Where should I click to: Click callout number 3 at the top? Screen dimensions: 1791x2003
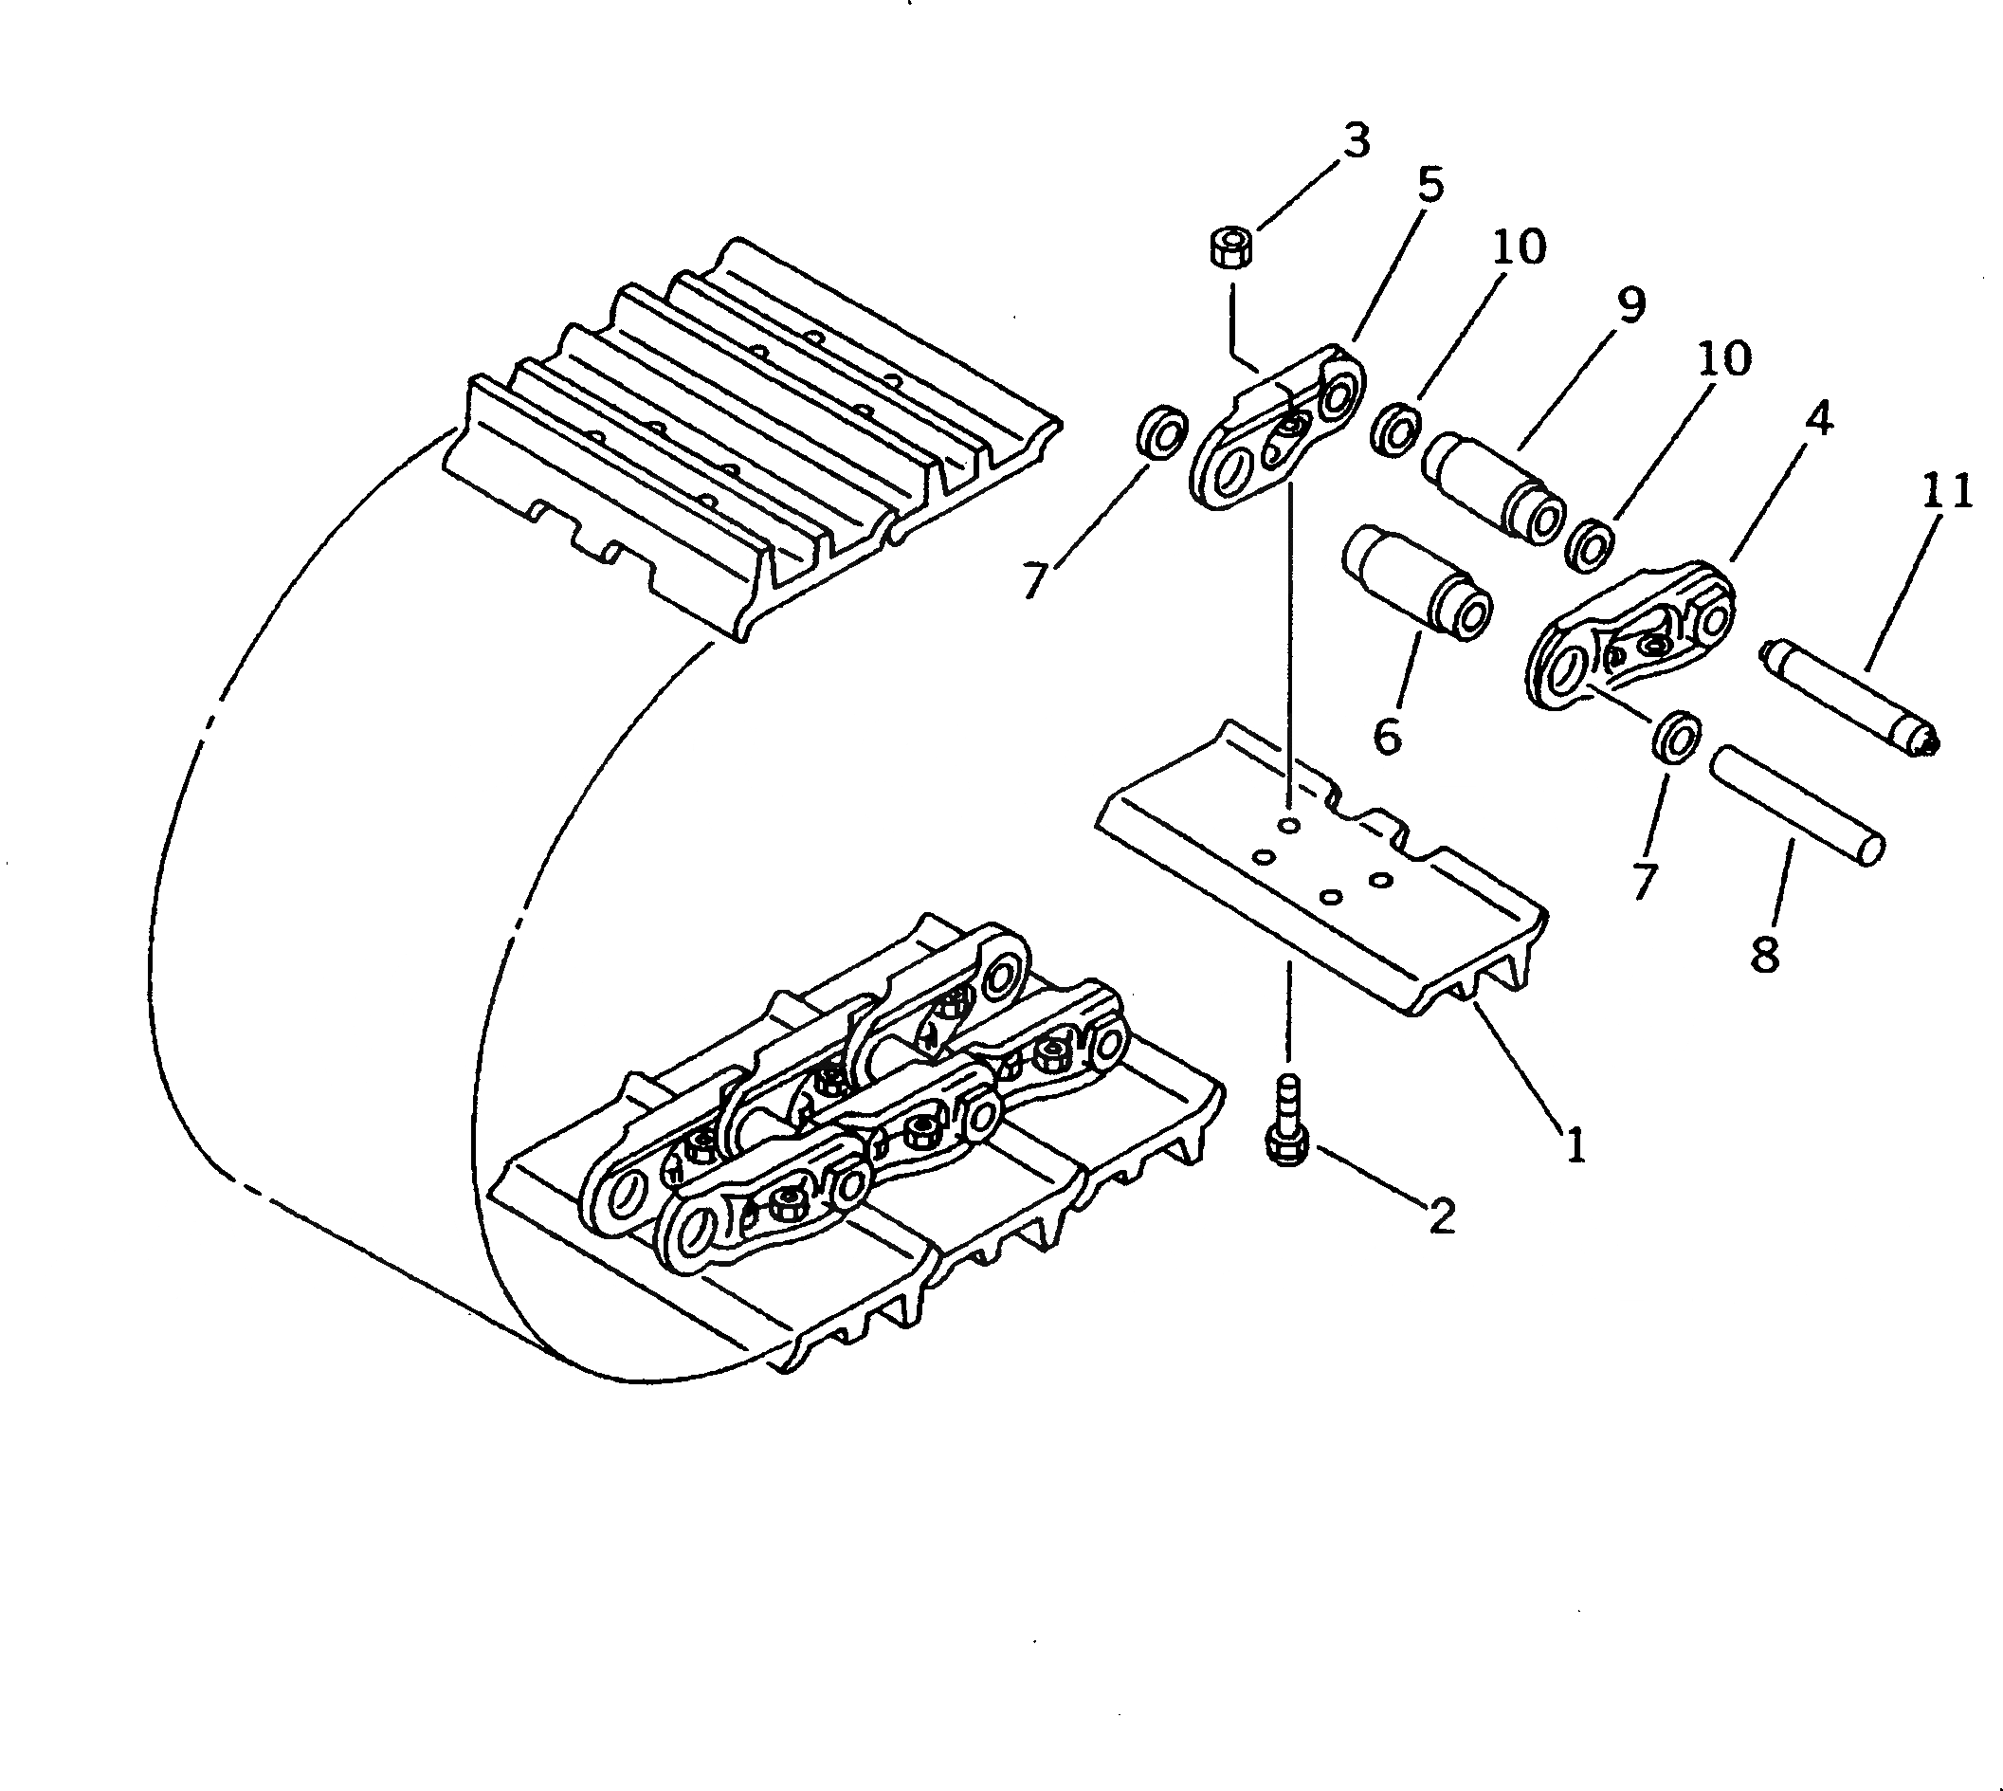click(1356, 141)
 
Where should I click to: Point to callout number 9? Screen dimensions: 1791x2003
click(1630, 305)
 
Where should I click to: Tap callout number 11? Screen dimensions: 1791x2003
click(1945, 492)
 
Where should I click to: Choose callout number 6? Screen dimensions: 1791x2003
click(1386, 736)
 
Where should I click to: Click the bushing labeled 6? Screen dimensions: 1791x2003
click(1416, 585)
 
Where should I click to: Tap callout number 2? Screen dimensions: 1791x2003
click(1441, 1218)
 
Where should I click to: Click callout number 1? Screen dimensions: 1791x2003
click(1575, 1144)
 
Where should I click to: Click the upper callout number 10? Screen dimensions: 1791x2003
click(1519, 247)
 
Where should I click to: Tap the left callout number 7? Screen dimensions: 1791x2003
click(1032, 579)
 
